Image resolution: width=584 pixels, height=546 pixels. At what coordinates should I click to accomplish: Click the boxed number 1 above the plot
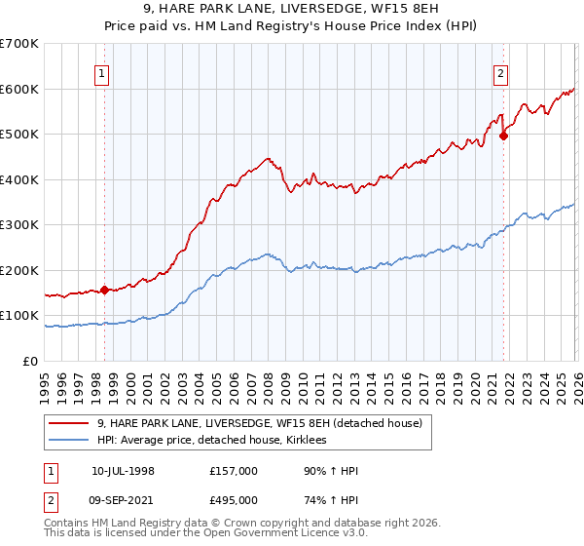point(103,73)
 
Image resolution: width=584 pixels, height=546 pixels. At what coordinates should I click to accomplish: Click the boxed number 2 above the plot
point(500,73)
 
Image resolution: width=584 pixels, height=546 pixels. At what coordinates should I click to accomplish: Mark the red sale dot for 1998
point(104,290)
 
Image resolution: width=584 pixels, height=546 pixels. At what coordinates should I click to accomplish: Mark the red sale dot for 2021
point(503,136)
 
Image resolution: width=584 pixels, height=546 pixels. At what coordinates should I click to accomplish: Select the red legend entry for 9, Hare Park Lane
point(259,423)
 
